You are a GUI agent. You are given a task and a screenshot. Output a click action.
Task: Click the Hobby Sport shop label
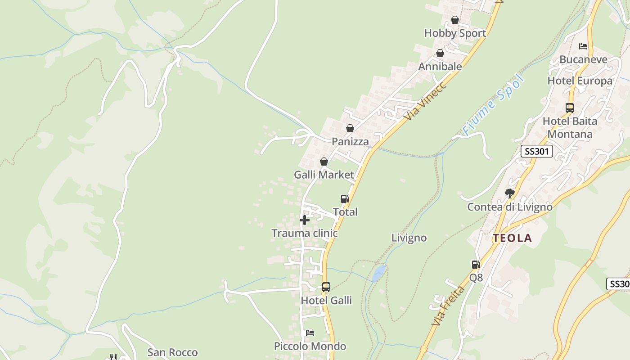pos(455,33)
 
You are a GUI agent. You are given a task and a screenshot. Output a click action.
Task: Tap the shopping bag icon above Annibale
pos(440,54)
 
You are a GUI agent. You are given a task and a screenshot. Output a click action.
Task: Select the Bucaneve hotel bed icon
pos(583,46)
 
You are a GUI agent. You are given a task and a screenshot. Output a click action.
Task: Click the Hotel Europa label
pos(580,81)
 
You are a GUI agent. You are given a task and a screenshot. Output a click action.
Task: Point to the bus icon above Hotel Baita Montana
pos(570,108)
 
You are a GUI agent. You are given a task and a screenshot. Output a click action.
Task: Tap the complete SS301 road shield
pos(536,151)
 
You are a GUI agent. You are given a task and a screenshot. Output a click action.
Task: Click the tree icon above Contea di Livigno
pos(509,193)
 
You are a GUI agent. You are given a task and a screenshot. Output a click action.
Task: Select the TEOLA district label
pos(512,238)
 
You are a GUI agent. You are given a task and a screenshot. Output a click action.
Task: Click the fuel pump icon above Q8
pos(476,265)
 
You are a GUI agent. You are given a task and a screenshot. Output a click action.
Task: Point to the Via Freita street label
pos(448,306)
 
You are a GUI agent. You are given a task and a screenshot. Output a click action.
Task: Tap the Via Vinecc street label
pos(424,101)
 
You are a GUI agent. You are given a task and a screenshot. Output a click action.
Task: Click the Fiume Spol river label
pos(494,105)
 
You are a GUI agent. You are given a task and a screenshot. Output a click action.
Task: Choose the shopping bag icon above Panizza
pos(350,129)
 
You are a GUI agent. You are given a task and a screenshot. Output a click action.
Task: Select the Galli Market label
pos(324,175)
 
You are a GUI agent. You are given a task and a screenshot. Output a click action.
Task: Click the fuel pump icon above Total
pos(345,199)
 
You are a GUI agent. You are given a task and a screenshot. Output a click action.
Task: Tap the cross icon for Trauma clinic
pos(305,220)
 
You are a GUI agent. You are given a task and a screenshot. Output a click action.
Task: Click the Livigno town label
pos(409,238)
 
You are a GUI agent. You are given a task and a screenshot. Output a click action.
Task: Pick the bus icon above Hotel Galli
pos(326,287)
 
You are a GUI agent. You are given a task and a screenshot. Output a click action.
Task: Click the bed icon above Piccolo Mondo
pos(310,333)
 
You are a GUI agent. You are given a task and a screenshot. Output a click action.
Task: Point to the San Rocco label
pos(172,352)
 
